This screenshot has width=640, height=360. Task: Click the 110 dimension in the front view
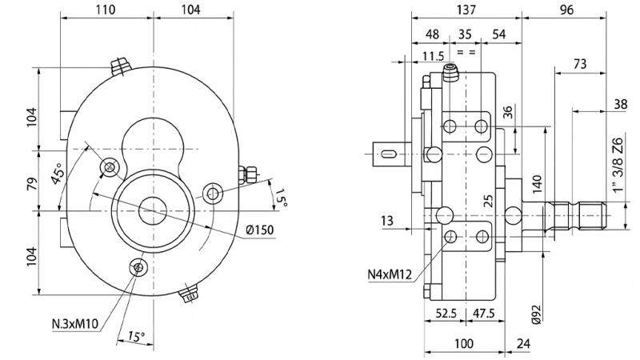(106, 10)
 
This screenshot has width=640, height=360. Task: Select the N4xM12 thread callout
(389, 274)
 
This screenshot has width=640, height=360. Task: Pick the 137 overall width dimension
(466, 10)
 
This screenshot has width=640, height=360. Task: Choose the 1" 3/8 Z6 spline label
(617, 164)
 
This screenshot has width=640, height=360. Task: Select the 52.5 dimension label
(445, 313)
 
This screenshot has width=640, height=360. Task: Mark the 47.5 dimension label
(482, 313)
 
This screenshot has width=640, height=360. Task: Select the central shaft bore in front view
(152, 210)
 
